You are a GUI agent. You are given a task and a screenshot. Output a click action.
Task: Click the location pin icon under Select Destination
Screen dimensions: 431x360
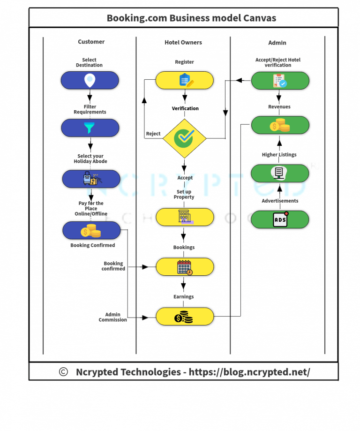pos(90,80)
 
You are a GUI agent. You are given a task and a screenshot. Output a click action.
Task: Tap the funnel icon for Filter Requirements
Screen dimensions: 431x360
pos(89,127)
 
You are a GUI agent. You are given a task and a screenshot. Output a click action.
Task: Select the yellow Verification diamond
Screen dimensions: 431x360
pos(184,138)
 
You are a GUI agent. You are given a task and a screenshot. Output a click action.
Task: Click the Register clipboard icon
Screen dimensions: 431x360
pos(186,81)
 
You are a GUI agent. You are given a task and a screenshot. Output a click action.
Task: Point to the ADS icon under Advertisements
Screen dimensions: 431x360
pos(280,219)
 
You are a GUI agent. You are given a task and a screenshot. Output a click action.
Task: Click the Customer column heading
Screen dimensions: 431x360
pos(91,42)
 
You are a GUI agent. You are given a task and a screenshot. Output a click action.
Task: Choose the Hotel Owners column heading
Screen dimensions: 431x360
pos(183,42)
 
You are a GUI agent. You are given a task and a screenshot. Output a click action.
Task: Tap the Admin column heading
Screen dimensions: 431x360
pos(277,43)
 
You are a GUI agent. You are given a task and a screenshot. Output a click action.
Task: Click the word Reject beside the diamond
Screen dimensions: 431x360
pos(153,134)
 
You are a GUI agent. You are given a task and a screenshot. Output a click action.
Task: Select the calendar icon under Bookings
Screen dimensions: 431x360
pos(185,267)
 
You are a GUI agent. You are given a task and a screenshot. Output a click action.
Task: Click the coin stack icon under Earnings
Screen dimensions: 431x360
pos(184,317)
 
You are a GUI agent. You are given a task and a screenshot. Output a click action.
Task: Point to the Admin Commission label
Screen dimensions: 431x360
pos(112,317)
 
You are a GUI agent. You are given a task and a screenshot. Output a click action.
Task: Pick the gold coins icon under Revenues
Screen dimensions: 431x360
pos(280,125)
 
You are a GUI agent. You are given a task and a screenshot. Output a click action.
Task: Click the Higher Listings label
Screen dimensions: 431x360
pos(279,154)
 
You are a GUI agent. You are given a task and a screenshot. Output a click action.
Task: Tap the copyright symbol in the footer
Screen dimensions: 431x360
pos(63,372)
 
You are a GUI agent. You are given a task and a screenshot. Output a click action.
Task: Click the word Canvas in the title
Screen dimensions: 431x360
pos(259,18)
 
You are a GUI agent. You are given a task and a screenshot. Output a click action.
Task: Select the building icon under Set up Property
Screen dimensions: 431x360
pos(185,217)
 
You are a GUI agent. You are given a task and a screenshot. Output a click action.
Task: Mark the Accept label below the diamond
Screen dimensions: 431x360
pos(185,178)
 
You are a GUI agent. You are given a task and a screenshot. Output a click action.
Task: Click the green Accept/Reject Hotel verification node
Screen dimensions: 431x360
pos(280,81)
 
